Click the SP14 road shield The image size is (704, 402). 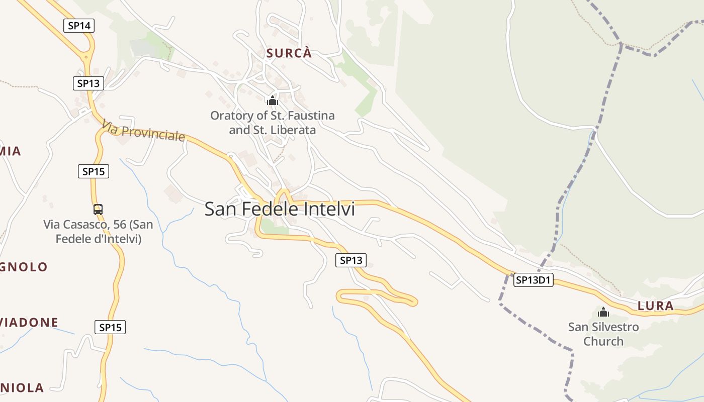[79, 26]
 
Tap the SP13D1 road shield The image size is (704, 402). [533, 280]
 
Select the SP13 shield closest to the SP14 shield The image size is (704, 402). [89, 83]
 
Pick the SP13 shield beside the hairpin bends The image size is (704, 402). [351, 260]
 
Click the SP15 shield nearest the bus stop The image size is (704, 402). [94, 171]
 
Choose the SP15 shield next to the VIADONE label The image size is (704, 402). [110, 328]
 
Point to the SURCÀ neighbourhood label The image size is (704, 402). [289, 53]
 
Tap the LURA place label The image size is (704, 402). [655, 306]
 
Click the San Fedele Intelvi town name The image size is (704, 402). [280, 209]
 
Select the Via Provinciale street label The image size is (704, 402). [143, 131]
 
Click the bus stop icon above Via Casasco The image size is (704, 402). [98, 209]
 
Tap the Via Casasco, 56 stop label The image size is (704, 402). [98, 232]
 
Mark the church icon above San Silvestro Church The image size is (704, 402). [603, 312]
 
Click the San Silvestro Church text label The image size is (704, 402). [603, 334]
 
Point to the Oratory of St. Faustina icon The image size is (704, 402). [273, 100]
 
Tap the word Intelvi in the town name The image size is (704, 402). [330, 209]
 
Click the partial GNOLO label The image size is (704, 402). [24, 267]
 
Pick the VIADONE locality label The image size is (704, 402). [29, 322]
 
